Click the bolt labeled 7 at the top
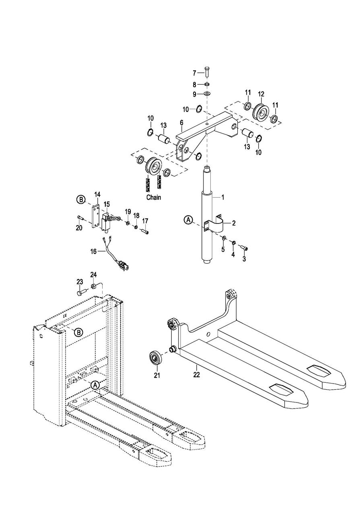207,72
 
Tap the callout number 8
194,85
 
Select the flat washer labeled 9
208,93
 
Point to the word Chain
154,197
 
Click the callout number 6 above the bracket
181,123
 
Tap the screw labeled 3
244,248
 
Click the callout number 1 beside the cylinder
223,197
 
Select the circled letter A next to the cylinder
188,220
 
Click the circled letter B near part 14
80,199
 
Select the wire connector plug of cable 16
124,267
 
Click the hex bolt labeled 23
82,292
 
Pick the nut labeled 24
93,286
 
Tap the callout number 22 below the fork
196,375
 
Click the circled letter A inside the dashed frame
95,385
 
